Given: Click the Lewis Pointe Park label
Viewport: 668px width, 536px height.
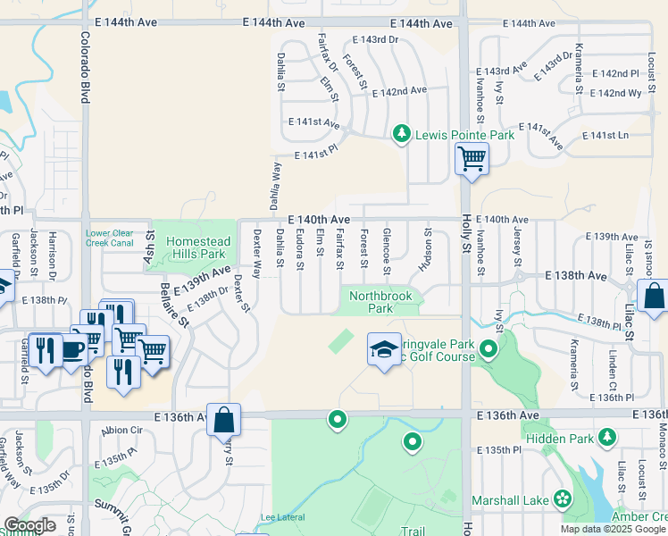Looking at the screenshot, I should coord(464,135).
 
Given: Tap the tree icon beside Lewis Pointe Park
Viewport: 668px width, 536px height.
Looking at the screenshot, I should coord(402,134).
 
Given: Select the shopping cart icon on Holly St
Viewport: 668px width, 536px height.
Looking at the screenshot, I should coord(471,160).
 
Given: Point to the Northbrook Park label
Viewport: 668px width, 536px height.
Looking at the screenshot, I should coord(371,302).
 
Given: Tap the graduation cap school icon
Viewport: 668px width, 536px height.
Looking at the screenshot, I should coord(384,349).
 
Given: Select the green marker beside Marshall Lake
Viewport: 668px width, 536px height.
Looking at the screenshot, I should coord(564,498).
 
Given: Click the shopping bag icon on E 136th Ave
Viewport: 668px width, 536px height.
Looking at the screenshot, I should coord(223,418).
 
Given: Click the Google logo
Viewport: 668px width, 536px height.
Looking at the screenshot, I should coord(29,525).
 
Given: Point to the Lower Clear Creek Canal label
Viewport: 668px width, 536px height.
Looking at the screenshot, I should coord(110,239).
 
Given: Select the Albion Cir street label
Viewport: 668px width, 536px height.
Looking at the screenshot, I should coord(121,430).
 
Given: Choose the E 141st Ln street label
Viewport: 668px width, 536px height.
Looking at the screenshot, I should coord(605,135).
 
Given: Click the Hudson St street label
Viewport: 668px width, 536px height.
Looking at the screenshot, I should coord(425,250).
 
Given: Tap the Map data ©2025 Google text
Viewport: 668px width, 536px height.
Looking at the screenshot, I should coord(612,528).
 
